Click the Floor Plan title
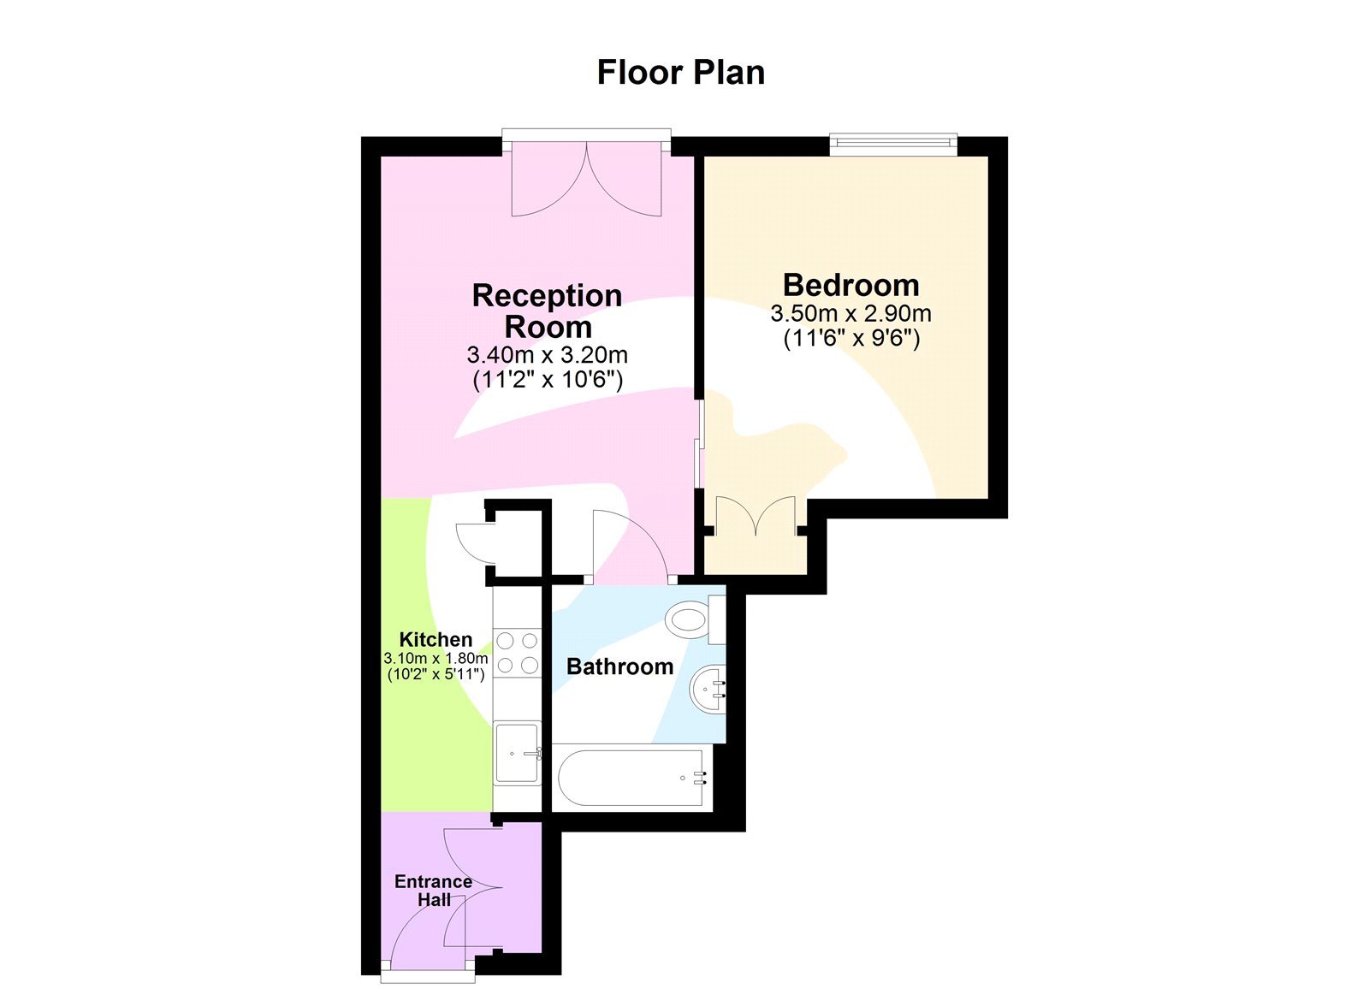pyautogui.click(x=680, y=73)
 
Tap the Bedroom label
pyautogui.click(x=850, y=285)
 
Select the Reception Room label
pyautogui.click(x=548, y=311)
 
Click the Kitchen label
pyautogui.click(x=436, y=639)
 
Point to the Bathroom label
pyautogui.click(x=619, y=666)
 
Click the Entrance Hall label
pyautogui.click(x=433, y=891)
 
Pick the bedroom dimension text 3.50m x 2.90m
pyautogui.click(x=850, y=314)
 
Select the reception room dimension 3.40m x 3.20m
pyautogui.click(x=548, y=354)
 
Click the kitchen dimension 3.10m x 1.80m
pyautogui.click(x=436, y=659)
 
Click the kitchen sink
pyautogui.click(x=517, y=753)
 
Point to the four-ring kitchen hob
pyautogui.click(x=518, y=652)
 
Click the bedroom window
pyautogui.click(x=892, y=144)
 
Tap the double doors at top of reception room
pyautogui.click(x=586, y=180)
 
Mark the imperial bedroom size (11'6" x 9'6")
pyautogui.click(x=850, y=339)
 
